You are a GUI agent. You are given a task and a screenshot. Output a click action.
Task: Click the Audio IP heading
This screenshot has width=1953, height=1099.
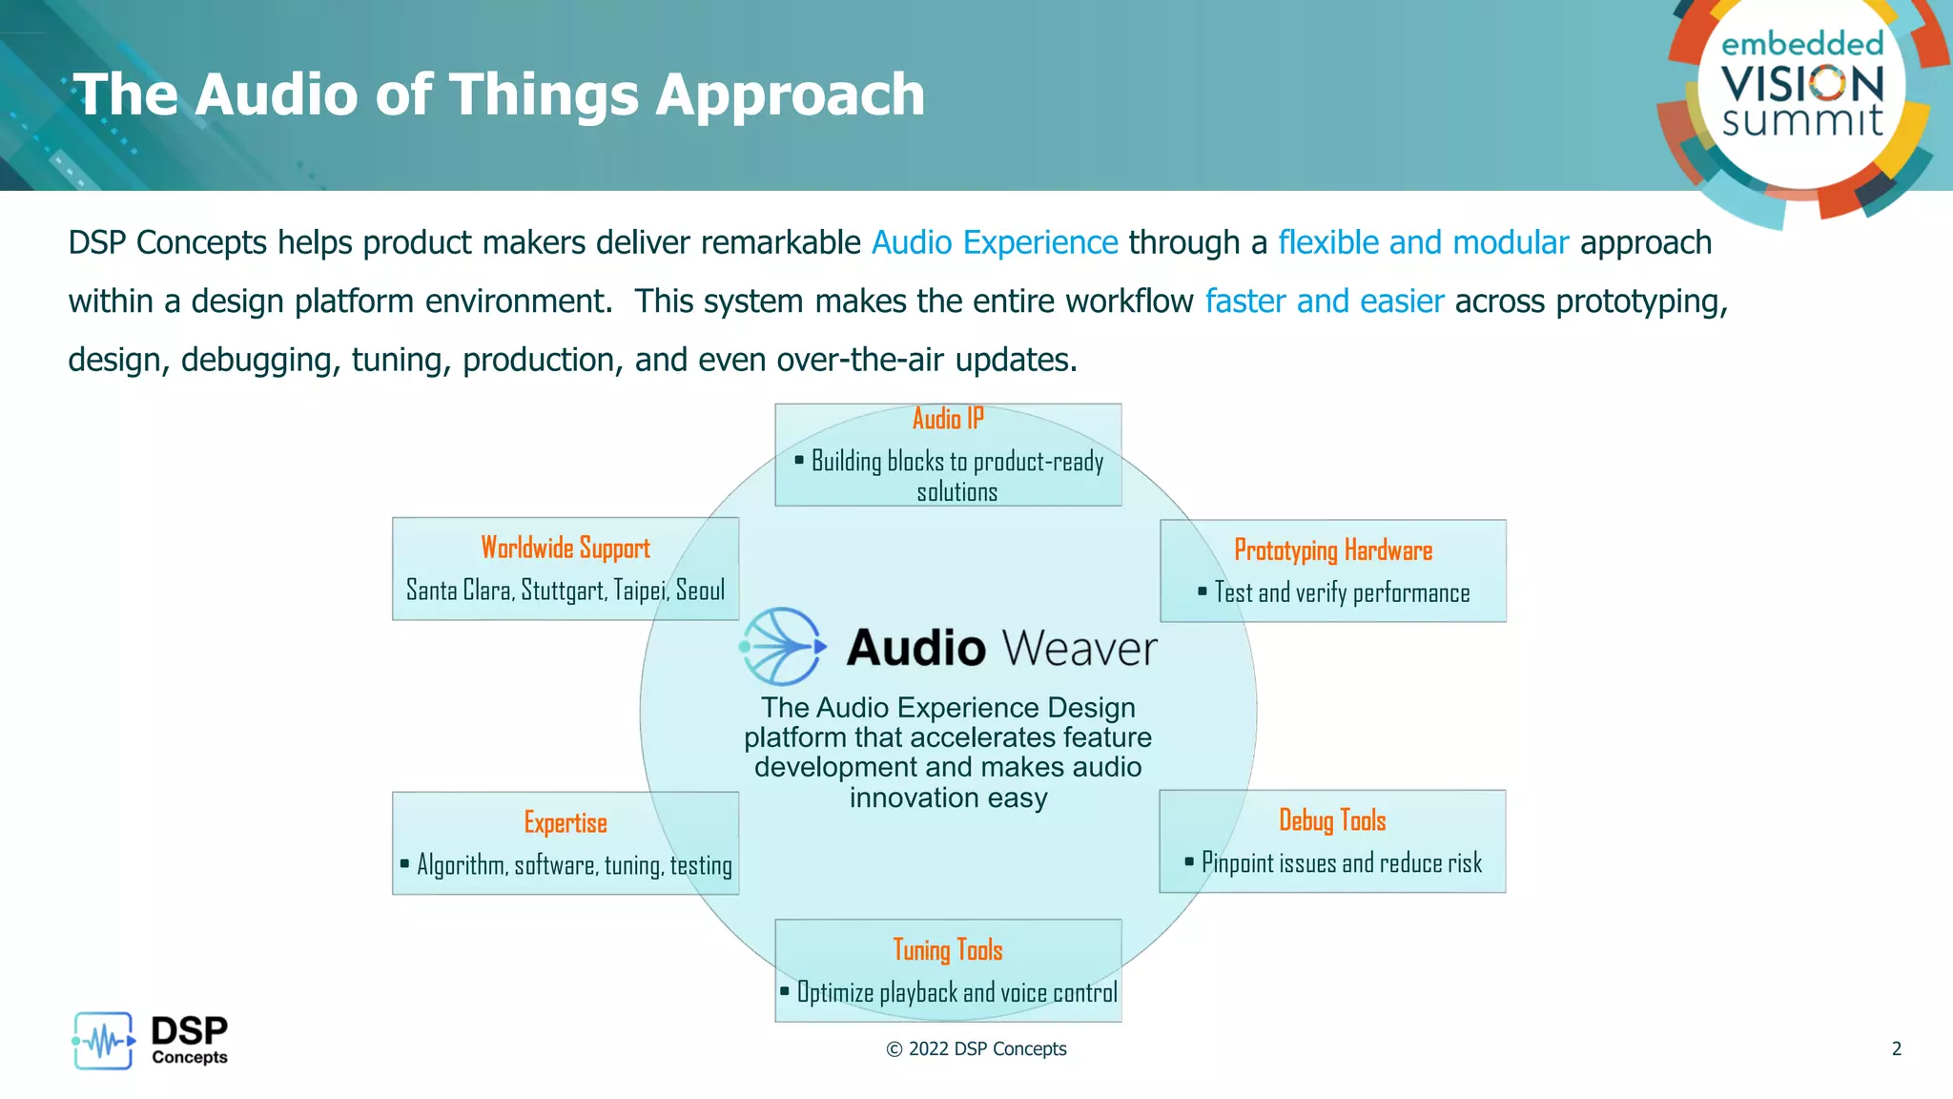[x=947, y=419]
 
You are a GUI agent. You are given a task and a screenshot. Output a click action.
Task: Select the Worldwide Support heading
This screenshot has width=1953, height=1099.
[x=565, y=548]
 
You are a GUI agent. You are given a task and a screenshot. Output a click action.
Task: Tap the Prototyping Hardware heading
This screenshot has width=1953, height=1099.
[x=1332, y=550]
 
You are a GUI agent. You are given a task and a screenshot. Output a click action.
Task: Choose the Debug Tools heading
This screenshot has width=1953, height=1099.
[x=1331, y=820]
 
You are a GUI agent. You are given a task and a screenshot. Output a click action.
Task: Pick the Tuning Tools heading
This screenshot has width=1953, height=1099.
[x=947, y=950]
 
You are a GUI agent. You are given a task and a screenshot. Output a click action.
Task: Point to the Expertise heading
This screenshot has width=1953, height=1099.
[x=565, y=822]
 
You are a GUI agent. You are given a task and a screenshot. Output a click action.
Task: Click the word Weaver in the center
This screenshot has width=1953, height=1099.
[x=1079, y=649]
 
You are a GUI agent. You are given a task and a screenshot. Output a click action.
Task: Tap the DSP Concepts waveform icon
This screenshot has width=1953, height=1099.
[x=103, y=1041]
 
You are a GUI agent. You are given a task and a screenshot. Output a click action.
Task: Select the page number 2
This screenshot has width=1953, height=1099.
[x=1896, y=1048]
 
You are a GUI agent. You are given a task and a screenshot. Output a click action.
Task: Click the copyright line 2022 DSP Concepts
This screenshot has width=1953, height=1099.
[x=976, y=1048]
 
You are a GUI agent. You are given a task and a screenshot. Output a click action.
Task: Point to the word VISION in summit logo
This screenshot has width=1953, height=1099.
[x=1802, y=84]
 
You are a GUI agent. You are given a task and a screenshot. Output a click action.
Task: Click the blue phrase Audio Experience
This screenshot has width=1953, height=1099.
[x=994, y=242]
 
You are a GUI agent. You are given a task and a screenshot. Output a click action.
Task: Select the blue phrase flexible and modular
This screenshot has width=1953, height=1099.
[x=1422, y=242]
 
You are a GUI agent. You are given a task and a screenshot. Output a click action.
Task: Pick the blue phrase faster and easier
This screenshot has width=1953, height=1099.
[x=1324, y=301]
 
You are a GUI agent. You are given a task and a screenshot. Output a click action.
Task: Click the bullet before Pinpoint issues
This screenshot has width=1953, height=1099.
[x=1188, y=861]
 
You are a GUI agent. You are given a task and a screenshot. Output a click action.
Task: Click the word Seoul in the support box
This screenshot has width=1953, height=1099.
[x=700, y=591]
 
